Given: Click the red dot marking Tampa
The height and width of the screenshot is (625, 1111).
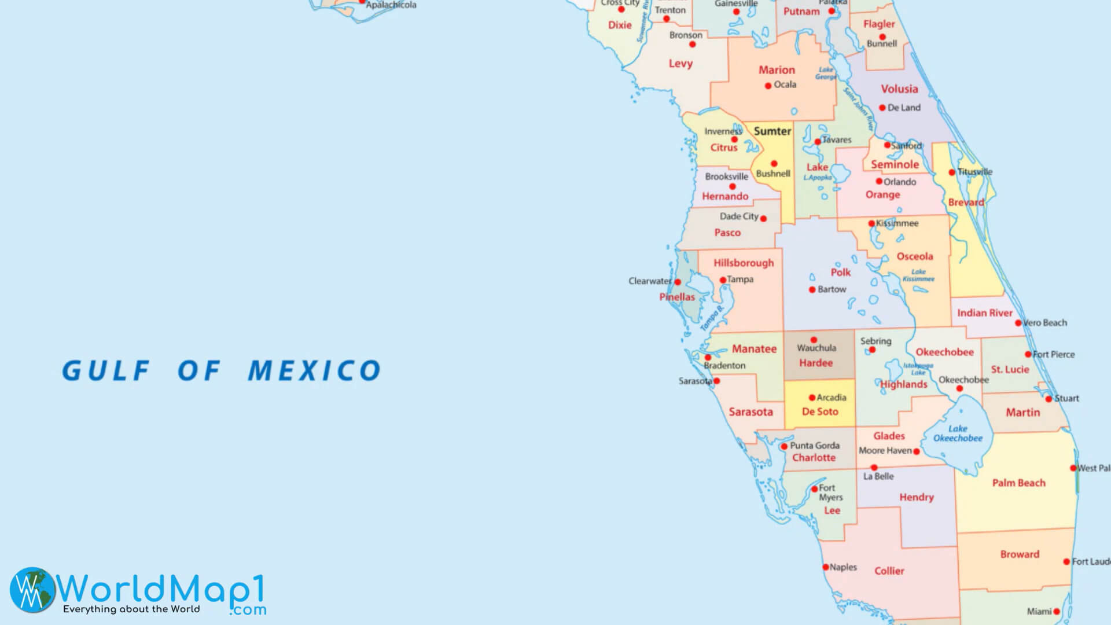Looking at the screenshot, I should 723,280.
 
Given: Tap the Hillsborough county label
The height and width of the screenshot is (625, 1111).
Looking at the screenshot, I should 743,263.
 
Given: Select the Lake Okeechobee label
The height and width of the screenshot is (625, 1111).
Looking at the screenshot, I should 958,433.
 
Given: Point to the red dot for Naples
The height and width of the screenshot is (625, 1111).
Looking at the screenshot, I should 826,567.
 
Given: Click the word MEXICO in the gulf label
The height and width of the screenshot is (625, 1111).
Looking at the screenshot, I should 314,371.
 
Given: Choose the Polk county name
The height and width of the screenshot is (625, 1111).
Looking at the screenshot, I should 840,272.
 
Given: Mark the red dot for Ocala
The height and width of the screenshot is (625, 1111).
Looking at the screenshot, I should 768,86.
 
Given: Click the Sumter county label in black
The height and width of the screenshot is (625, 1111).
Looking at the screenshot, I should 772,131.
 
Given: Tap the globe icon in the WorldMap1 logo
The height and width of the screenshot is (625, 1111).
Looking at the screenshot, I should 32,589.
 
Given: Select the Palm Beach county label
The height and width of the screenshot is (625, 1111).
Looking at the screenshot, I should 1018,483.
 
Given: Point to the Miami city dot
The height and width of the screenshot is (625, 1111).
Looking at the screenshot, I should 1057,612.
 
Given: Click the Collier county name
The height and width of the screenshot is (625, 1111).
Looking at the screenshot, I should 889,571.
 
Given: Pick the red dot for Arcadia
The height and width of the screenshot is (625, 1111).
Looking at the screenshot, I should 812,398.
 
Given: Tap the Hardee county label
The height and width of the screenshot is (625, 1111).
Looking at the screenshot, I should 816,363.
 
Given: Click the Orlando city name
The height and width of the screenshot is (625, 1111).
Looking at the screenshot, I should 900,182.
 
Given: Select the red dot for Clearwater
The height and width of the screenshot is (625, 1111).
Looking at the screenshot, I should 678,282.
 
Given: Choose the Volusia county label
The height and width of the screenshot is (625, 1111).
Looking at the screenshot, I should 899,89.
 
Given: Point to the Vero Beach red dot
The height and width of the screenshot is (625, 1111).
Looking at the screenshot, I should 1018,323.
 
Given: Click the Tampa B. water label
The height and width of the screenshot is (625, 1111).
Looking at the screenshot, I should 712,319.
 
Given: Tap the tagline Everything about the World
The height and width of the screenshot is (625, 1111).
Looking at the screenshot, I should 131,609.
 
